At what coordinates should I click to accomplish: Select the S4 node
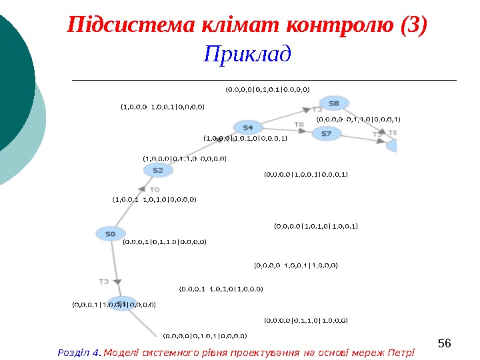pyautogui.click(x=247, y=127)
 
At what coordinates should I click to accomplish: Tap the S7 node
pyautogui.click(x=327, y=133)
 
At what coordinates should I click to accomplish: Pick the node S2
pyautogui.click(x=158, y=170)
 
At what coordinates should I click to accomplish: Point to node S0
pyautogui.click(x=111, y=233)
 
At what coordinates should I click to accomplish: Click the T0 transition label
pyautogui.click(x=154, y=190)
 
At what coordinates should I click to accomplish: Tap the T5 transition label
pyautogui.click(x=377, y=134)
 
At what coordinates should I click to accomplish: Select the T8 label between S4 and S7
pyautogui.click(x=299, y=124)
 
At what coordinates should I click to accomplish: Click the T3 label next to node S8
pyautogui.click(x=317, y=109)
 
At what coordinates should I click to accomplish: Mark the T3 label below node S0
pyautogui.click(x=104, y=281)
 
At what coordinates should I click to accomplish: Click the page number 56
pyautogui.click(x=445, y=343)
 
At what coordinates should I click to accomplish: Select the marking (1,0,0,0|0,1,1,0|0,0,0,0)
pyautogui.click(x=185, y=159)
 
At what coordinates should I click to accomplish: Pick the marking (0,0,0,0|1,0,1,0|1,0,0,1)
pyautogui.click(x=316, y=226)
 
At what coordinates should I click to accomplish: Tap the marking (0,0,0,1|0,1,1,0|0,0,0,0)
pyautogui.click(x=164, y=242)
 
